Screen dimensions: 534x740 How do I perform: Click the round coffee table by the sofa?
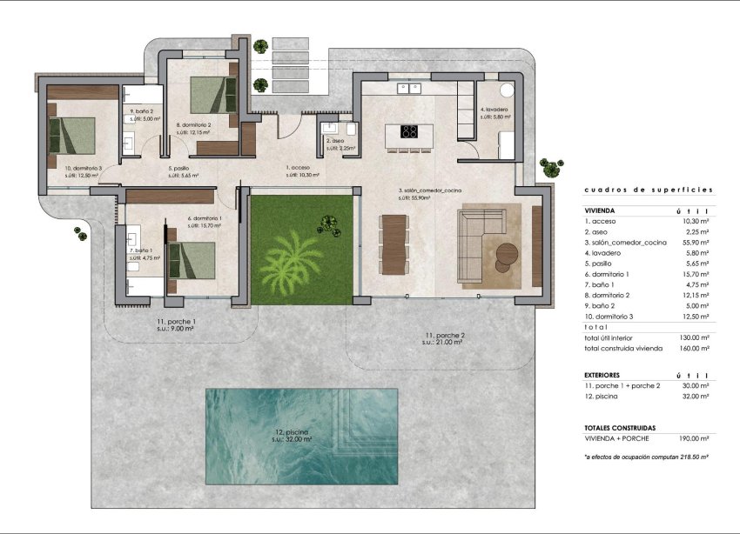pyautogui.click(x=507, y=253)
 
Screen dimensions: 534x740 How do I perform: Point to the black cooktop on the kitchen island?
pyautogui.click(x=408, y=132)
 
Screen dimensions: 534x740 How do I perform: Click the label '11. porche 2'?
pyautogui.click(x=444, y=335)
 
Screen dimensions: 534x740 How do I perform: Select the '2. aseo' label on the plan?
pyautogui.click(x=335, y=141)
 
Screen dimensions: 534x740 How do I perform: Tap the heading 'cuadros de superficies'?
pyautogui.click(x=649, y=189)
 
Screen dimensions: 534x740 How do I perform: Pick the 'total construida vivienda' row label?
pyautogui.click(x=623, y=348)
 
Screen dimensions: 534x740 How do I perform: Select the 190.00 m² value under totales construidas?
pyautogui.click(x=694, y=440)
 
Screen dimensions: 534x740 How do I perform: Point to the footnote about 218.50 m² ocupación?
pyautogui.click(x=646, y=457)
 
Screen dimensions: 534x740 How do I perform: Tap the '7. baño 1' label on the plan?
pyautogui.click(x=140, y=250)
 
